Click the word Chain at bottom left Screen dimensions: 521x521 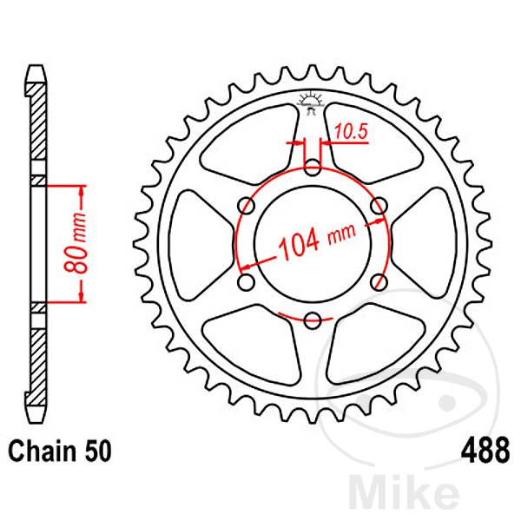tap(37, 452)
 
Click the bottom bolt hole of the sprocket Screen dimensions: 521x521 tap(313, 318)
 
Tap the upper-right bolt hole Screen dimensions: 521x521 tap(379, 205)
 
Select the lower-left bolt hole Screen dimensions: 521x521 tap(247, 280)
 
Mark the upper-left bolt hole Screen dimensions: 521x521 tap(247, 205)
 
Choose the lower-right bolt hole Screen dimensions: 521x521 tap(379, 280)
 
